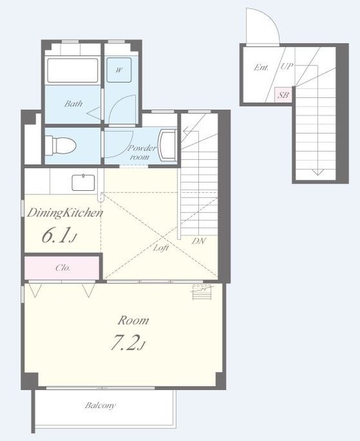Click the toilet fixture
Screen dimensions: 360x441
coord(61,145)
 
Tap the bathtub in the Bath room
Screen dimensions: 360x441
coord(72,70)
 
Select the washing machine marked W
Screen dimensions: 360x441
coord(119,70)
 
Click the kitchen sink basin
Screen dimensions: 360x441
coord(83,183)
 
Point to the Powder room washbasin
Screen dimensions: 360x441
coord(167,145)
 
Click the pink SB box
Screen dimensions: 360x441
coord(283,95)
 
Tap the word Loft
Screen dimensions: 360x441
coord(161,248)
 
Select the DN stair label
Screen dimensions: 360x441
coord(199,241)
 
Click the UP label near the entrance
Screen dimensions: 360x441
coord(287,66)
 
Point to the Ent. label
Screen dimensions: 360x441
coord(261,68)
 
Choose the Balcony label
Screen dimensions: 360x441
coord(100,406)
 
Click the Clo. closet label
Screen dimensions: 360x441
coord(63,267)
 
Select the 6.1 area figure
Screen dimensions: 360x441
coord(59,236)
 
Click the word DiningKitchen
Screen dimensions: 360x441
coord(65,213)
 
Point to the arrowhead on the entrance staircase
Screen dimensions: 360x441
coord(317,172)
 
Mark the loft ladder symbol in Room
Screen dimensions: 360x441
coord(202,292)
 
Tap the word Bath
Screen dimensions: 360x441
coord(74,104)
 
